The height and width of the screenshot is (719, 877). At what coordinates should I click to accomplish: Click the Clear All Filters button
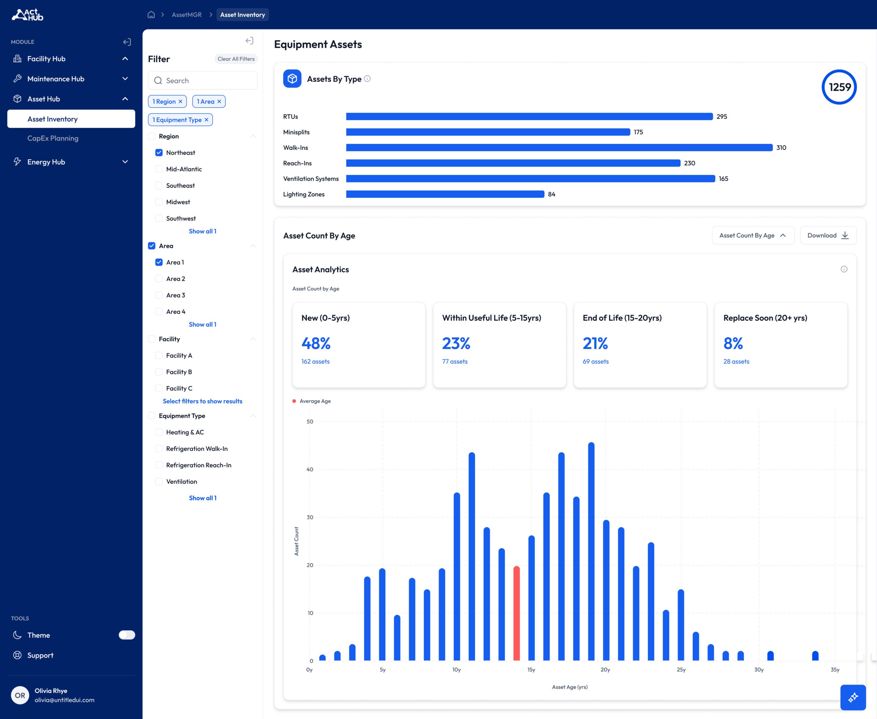click(236, 59)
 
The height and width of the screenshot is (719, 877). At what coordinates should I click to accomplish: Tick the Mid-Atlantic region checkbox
click(159, 169)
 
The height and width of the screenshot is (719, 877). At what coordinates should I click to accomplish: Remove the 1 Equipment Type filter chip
click(206, 120)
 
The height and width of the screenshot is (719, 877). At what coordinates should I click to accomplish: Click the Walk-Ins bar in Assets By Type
click(559, 147)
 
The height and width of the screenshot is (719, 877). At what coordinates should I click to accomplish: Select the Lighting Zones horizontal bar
click(445, 194)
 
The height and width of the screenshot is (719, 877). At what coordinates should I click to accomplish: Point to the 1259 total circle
click(839, 87)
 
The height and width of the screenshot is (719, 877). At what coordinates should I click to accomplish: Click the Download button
click(828, 235)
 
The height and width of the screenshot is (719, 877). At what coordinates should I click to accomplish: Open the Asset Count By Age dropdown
click(753, 235)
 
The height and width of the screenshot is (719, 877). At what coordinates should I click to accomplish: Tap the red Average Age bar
click(517, 613)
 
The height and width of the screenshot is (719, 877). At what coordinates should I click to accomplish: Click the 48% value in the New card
click(316, 343)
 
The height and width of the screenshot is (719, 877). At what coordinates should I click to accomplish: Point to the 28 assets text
click(736, 362)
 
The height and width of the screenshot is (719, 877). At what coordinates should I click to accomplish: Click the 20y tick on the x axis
click(605, 670)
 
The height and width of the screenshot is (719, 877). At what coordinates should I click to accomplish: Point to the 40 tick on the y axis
click(309, 469)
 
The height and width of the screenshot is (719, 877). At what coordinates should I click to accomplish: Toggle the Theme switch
click(127, 635)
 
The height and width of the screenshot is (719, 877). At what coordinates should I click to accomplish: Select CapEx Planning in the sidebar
click(53, 138)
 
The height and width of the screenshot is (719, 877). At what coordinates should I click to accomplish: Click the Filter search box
click(202, 80)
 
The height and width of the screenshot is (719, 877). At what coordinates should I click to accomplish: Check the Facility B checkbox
click(159, 372)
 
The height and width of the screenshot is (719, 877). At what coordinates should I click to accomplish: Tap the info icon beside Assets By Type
click(367, 79)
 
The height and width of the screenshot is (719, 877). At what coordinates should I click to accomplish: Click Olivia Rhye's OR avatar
click(20, 695)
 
